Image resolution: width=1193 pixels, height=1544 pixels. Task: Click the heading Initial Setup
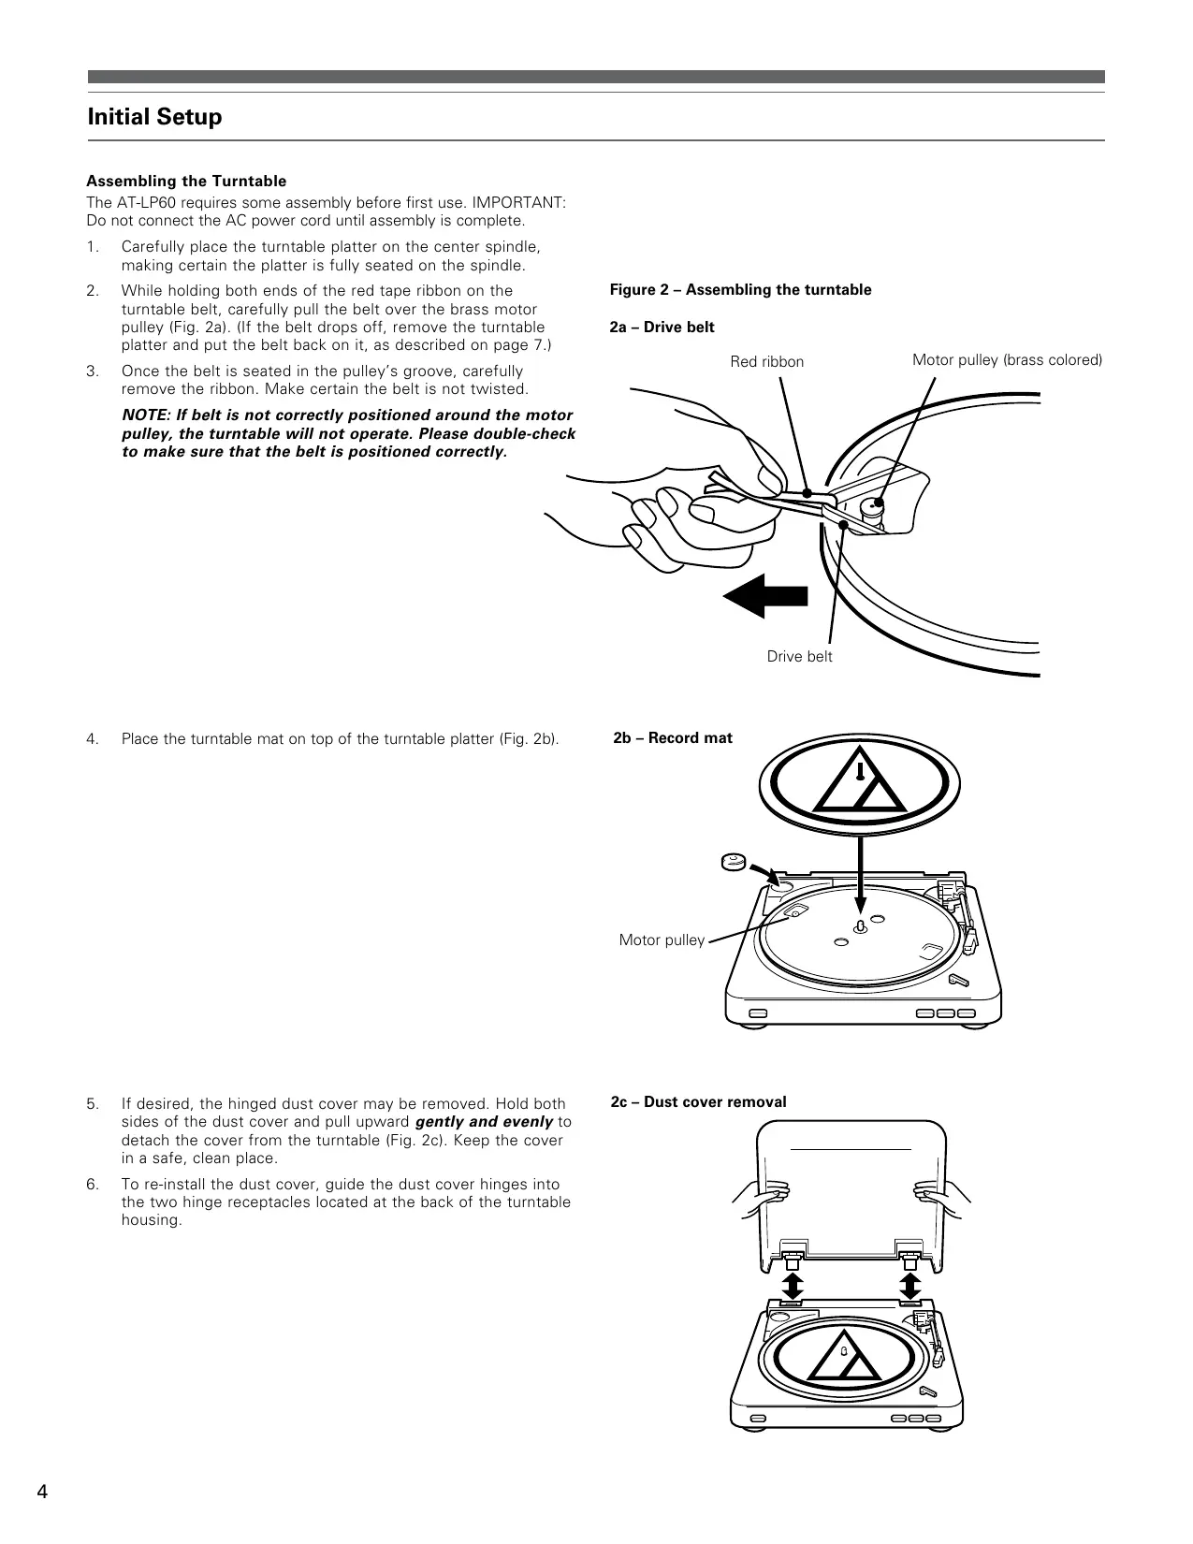pyautogui.click(x=154, y=117)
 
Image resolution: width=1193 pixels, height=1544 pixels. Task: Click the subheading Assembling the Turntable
pyautogui.click(x=186, y=182)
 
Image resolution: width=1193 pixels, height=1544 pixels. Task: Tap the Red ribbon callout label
pyautogui.click(x=766, y=361)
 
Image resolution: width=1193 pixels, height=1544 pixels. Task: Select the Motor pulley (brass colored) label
pyautogui.click(x=1007, y=360)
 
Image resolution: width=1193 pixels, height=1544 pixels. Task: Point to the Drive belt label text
pyautogui.click(x=799, y=657)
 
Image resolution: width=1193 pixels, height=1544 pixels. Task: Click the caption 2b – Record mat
pyautogui.click(x=672, y=738)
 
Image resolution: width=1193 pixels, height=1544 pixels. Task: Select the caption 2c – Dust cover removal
pyautogui.click(x=698, y=1102)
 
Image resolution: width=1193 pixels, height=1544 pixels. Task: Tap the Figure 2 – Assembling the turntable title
pyautogui.click(x=740, y=290)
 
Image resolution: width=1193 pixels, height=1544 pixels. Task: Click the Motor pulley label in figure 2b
pyautogui.click(x=662, y=940)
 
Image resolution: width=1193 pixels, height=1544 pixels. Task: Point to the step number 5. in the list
pyautogui.click(x=93, y=1104)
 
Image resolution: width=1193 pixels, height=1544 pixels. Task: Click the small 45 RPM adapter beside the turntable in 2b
pyautogui.click(x=733, y=860)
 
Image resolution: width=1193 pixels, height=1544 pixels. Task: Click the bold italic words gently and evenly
pyautogui.click(x=484, y=1122)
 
